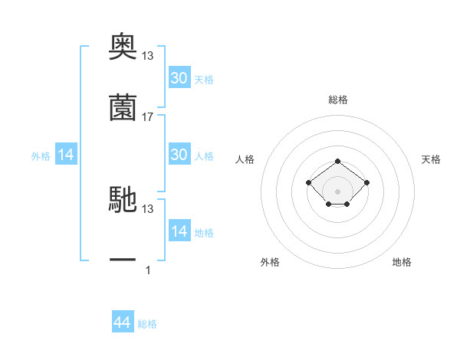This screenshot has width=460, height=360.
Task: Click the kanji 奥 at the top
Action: pos(123,46)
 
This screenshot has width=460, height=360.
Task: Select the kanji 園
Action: pos(123,107)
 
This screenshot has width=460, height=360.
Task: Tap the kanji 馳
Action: pos(123,199)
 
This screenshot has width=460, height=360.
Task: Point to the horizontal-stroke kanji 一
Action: pos(123,260)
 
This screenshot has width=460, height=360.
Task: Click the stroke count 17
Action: pos(147,117)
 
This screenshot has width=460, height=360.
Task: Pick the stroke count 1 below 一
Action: pos(148,270)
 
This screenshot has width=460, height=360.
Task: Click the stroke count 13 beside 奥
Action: pos(147,56)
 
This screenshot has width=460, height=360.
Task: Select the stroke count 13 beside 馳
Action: pos(147,209)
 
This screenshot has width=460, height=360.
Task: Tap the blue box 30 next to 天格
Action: pos(179,77)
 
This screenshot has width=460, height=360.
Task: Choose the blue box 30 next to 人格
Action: pos(179,154)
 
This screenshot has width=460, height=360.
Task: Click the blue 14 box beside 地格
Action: pos(179,230)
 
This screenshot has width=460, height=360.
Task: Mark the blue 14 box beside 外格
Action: pos(66,154)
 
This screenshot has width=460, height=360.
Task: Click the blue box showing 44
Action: pos(123,321)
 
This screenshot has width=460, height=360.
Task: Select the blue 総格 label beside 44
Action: pos(147,324)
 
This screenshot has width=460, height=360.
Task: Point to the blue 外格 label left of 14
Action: pos(41,156)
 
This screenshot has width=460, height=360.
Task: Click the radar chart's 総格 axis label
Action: pos(338,100)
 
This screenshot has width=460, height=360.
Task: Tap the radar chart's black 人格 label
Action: pos(245,159)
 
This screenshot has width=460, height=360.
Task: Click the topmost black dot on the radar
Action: pos(337,162)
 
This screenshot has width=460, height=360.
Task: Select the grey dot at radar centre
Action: pos(337,191)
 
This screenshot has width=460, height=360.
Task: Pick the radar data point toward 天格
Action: pos(366,182)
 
